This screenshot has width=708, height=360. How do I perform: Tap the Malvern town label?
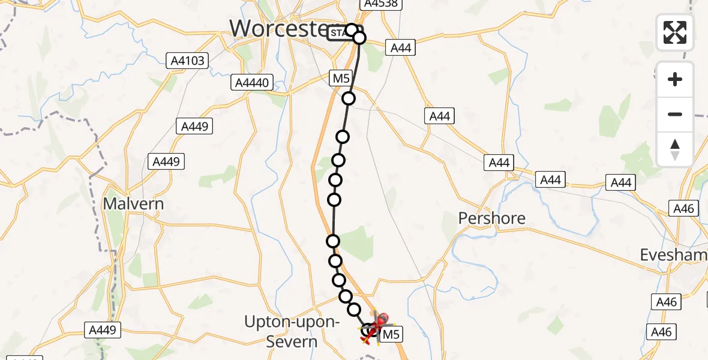point(133,203)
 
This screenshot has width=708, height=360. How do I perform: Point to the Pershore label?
point(491,218)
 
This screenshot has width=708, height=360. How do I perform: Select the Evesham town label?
point(672,254)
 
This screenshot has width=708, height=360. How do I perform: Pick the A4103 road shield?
point(186,60)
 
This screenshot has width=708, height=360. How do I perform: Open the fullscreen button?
point(675,32)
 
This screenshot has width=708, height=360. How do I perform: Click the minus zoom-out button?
point(675,114)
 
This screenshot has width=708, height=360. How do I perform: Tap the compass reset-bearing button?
point(675,149)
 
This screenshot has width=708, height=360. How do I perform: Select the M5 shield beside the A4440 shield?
point(340,78)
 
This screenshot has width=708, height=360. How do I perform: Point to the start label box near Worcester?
point(338,32)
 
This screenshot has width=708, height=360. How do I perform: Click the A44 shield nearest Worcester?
point(401,47)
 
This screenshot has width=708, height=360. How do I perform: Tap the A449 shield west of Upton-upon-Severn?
point(102,329)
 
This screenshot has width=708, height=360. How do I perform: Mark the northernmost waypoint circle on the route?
point(352,29)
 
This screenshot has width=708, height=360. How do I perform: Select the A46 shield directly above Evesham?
point(683,208)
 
